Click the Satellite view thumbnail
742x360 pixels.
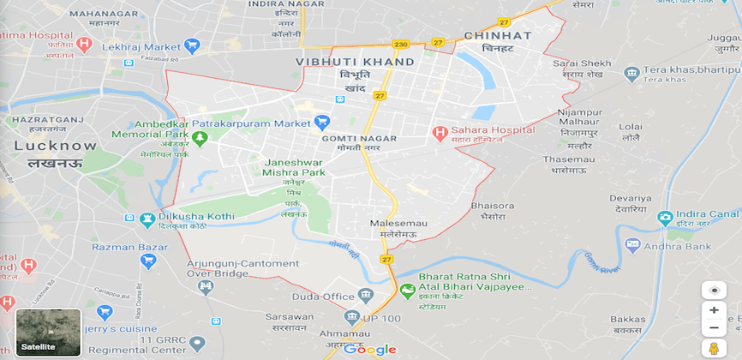click(x=49, y=332)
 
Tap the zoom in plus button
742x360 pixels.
click(x=714, y=310)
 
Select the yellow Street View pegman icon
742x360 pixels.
click(x=714, y=348)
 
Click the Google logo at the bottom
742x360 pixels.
click(x=370, y=349)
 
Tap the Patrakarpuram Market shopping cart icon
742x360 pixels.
click(x=322, y=123)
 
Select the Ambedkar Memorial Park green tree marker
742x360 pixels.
click(x=200, y=138)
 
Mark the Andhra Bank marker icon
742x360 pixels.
click(x=633, y=245)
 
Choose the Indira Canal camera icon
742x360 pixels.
click(x=666, y=218)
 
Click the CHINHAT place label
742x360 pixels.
click(x=497, y=36)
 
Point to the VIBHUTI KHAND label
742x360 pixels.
click(x=355, y=63)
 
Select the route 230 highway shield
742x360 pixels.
click(x=400, y=44)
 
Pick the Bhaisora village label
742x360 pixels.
click(x=493, y=206)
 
